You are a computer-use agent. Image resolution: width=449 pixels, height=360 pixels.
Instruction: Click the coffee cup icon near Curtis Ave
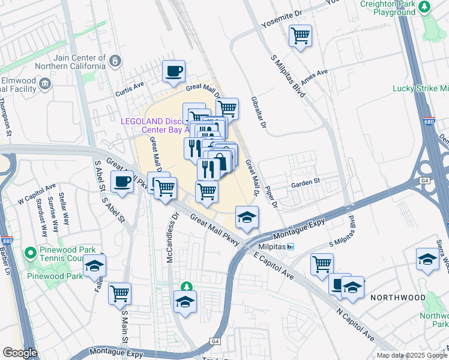tap(174, 71)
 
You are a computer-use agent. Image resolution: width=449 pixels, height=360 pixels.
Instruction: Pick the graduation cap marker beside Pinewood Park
tap(94, 265)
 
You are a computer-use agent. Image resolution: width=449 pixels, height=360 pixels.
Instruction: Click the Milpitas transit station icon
tap(291, 247)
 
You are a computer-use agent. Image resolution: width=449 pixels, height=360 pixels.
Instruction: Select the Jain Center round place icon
tap(115, 61)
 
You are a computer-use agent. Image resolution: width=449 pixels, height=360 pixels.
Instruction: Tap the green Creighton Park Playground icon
tap(425, 7)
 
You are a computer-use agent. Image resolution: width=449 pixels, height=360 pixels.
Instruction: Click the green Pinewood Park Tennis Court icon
tap(31, 254)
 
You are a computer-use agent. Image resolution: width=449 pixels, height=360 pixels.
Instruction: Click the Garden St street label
tap(306, 182)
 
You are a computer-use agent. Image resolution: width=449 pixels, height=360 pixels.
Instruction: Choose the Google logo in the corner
tap(20, 353)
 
